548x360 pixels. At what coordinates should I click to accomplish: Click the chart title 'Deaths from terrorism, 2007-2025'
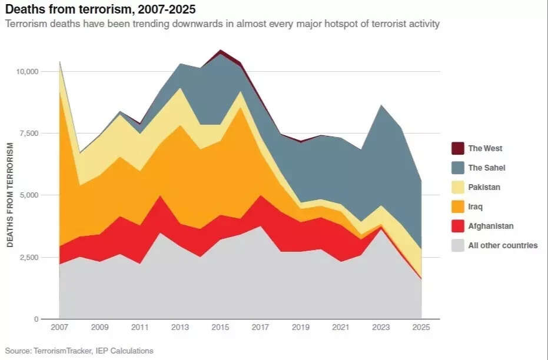[101, 10]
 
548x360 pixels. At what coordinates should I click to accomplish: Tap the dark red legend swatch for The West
[457, 148]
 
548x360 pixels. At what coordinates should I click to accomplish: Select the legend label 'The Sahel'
[486, 168]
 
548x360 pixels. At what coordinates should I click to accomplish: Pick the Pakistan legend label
[484, 187]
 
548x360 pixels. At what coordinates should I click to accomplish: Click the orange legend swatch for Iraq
[457, 206]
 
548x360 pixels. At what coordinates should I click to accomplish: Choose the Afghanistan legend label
[490, 226]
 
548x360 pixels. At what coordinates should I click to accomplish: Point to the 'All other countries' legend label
[502, 245]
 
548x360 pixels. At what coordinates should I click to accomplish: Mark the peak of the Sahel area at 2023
[381, 105]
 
